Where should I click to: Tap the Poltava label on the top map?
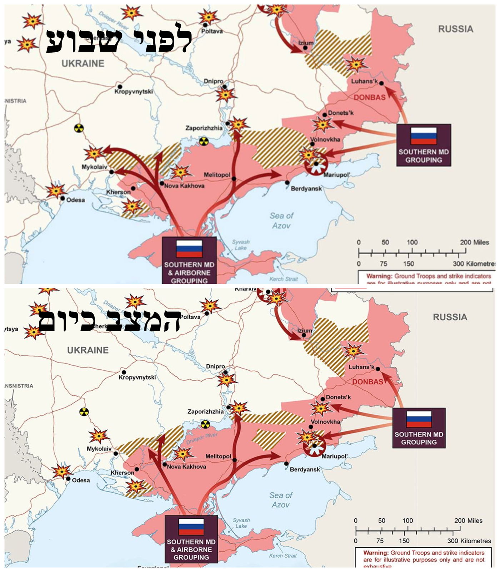coord(212,31)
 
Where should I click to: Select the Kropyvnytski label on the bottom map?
coord(137,378)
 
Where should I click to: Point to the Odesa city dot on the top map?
coord(62,198)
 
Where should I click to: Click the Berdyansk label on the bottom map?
coord(305,469)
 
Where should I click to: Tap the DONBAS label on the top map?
coord(370,97)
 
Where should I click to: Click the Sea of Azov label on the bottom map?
coord(281,500)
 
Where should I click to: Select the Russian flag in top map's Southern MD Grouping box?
coord(424,136)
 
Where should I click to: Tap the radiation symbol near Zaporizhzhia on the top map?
coord(204,141)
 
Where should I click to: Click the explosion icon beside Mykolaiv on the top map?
coord(94,154)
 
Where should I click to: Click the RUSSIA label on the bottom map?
coord(450,317)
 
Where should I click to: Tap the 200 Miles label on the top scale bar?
coord(474,242)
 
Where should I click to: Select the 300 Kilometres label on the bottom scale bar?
coord(469,541)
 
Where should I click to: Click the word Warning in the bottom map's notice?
coord(375,553)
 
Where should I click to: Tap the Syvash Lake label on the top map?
coord(241,245)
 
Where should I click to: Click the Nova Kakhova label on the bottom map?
coord(186,467)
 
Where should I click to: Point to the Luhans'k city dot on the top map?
coord(381,83)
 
